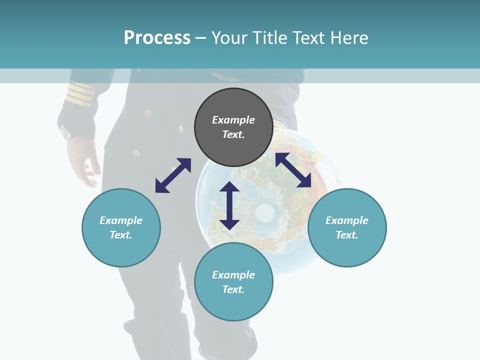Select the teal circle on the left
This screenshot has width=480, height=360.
121,227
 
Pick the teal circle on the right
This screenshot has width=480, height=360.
347,227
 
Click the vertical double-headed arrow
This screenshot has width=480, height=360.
229,205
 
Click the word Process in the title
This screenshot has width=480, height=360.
157,37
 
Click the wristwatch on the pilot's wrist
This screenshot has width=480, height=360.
65,132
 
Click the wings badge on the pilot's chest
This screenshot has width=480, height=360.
220,76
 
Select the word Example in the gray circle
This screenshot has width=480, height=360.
233,120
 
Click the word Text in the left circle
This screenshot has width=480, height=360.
121,235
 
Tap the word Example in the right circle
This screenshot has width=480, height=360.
347,220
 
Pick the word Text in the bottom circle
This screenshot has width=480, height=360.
233,289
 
